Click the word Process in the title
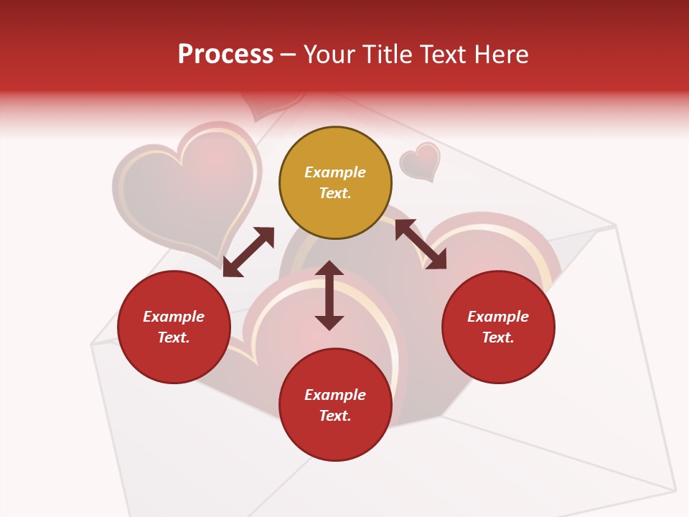click(225, 55)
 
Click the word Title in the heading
click(387, 55)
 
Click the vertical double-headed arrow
click(329, 295)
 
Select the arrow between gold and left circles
click(248, 252)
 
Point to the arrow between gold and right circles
click(421, 244)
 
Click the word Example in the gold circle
click(335, 172)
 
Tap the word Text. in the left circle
click(174, 337)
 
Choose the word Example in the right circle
click(498, 317)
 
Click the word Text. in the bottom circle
click(335, 416)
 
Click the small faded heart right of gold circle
click(421, 161)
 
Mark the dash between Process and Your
click(289, 55)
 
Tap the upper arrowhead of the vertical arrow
click(329, 268)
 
